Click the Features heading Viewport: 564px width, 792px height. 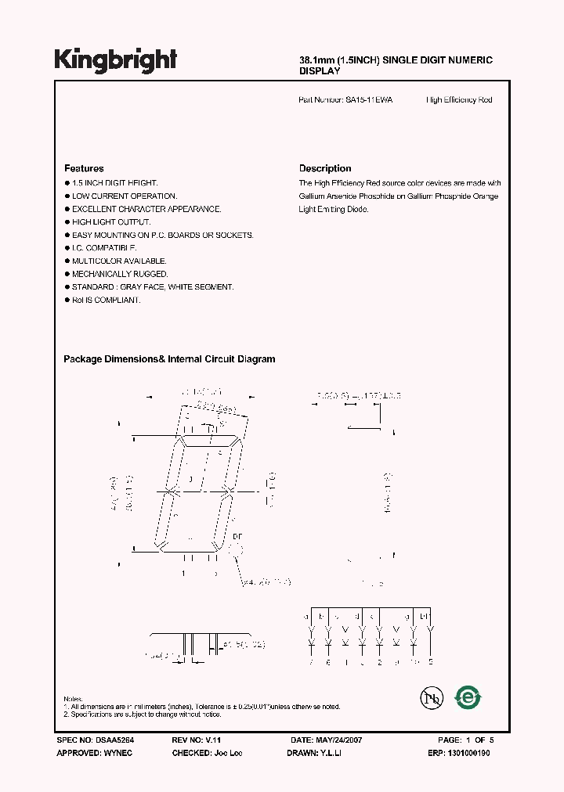(x=84, y=168)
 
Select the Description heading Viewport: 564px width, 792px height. (x=325, y=168)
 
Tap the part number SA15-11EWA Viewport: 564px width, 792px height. (x=370, y=100)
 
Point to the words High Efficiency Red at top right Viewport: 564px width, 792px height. (x=459, y=100)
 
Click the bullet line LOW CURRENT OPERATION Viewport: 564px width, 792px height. (x=125, y=196)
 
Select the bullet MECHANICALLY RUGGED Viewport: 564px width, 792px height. (x=120, y=274)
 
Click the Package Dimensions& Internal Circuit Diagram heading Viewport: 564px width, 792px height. (x=169, y=359)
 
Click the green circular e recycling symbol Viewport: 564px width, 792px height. (x=468, y=697)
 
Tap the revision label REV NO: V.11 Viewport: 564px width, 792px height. (x=198, y=740)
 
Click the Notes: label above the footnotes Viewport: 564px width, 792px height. (x=73, y=698)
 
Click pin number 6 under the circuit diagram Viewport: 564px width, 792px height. (x=327, y=663)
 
